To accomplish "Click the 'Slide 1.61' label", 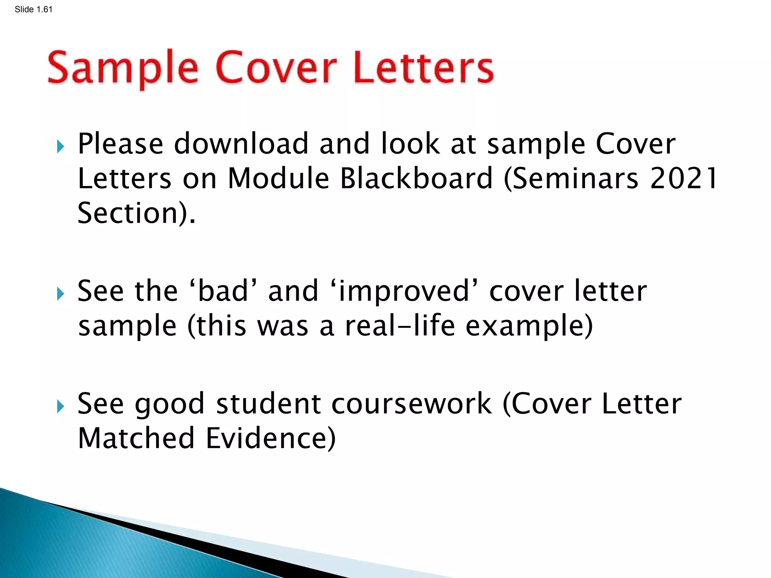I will pyautogui.click(x=34, y=9).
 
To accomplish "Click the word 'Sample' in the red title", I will pyautogui.click(x=123, y=68).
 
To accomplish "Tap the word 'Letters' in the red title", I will pyautogui.click(x=423, y=68).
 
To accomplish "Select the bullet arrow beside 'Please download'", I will pyautogui.click(x=61, y=146).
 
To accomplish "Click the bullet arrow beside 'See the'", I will pyautogui.click(x=61, y=294).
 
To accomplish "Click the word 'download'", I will pyautogui.click(x=241, y=144).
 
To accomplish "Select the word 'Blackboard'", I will pyautogui.click(x=416, y=178).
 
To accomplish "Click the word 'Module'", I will pyautogui.click(x=279, y=178).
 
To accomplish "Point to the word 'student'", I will pyautogui.click(x=268, y=404).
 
